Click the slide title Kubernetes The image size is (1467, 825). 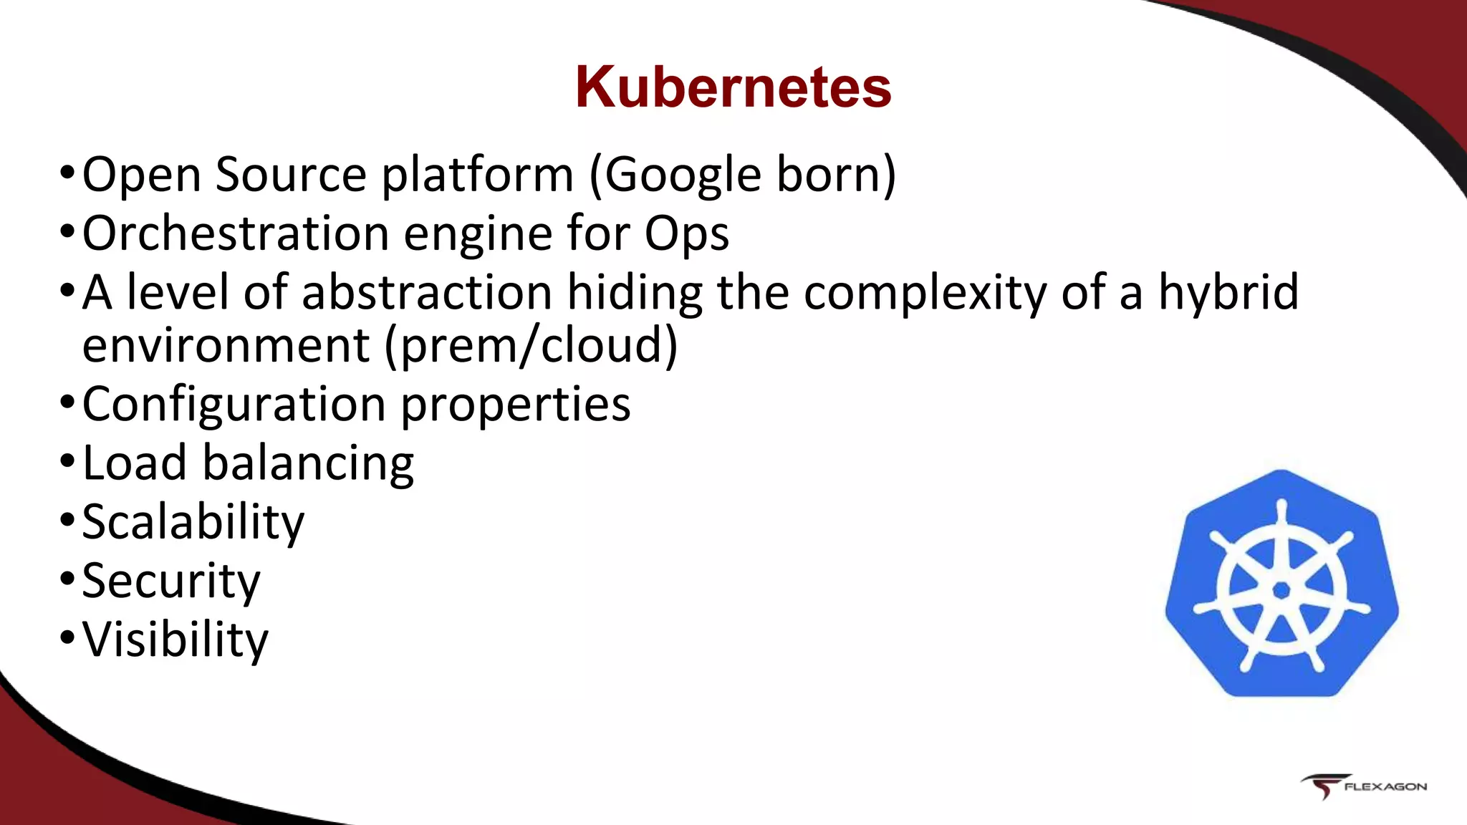[x=733, y=87]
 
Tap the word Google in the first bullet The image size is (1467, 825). [x=678, y=175]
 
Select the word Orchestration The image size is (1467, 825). [x=236, y=233]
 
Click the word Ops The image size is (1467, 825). [x=686, y=235]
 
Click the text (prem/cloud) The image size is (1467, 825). [x=531, y=345]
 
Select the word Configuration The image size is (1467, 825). [x=234, y=405]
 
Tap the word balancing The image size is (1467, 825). [x=308, y=464]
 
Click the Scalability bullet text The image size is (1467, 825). [x=193, y=523]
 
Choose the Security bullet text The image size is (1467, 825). [x=171, y=581]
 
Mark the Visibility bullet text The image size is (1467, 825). [x=175, y=640]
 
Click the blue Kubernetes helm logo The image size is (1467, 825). [x=1281, y=583]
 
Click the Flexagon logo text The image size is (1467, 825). [x=1385, y=786]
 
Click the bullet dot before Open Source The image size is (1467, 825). [x=67, y=172]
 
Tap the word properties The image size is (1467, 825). [x=515, y=405]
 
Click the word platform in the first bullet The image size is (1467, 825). [x=477, y=176]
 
